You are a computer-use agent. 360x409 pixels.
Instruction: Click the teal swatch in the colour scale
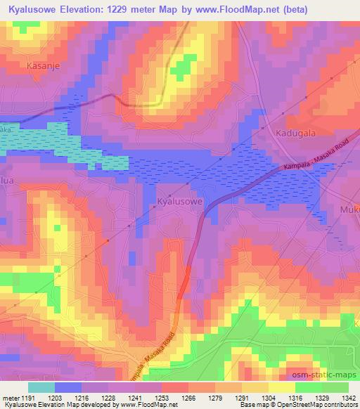point(41,387)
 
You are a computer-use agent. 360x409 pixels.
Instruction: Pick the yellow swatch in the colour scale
point(282,387)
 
